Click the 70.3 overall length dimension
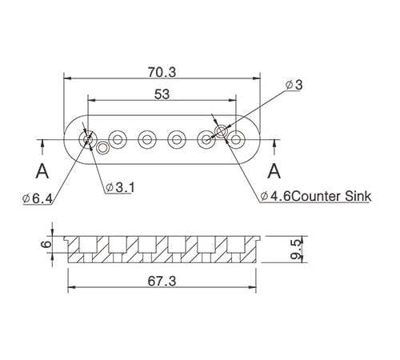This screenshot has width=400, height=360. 162,71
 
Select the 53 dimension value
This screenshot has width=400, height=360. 162,94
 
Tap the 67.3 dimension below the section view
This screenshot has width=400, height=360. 162,281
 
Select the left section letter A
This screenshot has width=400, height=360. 42,170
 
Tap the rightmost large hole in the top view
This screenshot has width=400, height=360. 236,139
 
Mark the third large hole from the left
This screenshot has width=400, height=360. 147,139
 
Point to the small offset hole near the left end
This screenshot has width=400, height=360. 102,147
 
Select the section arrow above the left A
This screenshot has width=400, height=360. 42,145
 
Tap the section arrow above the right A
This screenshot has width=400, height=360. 274,145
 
